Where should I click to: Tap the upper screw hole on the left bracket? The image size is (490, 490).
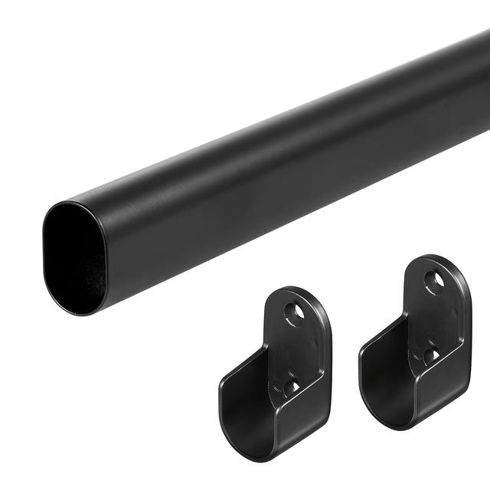click(293, 311)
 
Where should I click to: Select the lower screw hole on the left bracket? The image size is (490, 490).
click(291, 387)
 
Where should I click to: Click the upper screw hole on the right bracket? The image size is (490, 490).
click(434, 281)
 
